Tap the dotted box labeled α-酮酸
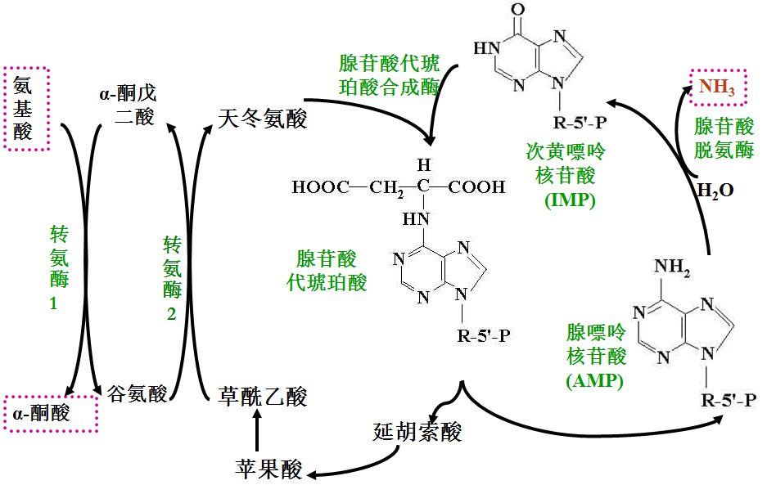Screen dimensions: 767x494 (x=51, y=397)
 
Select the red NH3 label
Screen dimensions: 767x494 (x=717, y=87)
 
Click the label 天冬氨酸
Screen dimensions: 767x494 (x=262, y=119)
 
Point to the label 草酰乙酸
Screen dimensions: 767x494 (x=262, y=397)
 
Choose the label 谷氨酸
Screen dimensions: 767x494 (x=138, y=393)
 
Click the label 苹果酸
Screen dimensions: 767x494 (x=268, y=469)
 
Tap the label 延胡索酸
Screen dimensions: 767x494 (x=417, y=432)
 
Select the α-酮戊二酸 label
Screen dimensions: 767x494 (x=129, y=105)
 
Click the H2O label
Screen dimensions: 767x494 (x=715, y=190)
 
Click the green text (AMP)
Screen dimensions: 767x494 (x=594, y=380)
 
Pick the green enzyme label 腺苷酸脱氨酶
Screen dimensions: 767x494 (x=724, y=137)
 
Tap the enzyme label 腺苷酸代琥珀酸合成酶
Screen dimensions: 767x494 (x=390, y=75)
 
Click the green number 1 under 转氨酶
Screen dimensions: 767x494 (x=54, y=304)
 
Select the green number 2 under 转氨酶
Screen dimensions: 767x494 (x=171, y=314)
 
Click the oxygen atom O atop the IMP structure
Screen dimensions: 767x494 (x=517, y=9)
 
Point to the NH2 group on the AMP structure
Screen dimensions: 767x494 (x=672, y=267)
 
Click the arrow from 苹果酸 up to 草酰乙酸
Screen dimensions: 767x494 (x=257, y=430)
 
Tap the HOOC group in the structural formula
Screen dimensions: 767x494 (x=321, y=186)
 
